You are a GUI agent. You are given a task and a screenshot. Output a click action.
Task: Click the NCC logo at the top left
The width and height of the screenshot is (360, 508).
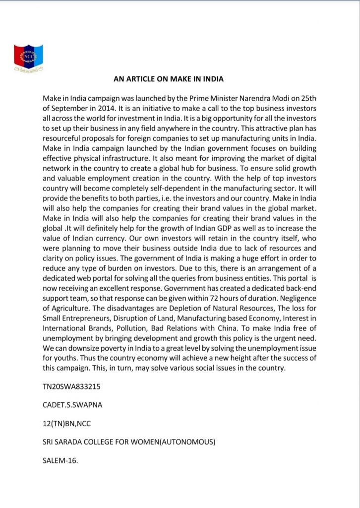click(28, 57)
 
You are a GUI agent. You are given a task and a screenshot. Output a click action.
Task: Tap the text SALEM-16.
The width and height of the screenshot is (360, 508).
click(60, 460)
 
